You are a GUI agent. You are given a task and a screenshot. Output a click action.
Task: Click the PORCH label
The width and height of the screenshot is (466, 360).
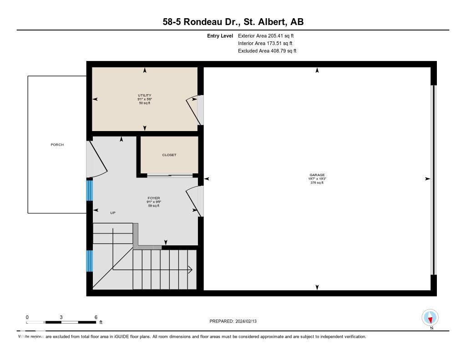click(57, 145)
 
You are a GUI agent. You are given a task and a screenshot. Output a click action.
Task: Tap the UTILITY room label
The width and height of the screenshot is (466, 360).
click(144, 95)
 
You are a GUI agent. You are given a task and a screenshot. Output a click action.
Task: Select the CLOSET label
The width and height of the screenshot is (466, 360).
click(169, 155)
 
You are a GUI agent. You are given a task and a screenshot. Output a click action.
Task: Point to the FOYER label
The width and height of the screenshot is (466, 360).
click(153, 198)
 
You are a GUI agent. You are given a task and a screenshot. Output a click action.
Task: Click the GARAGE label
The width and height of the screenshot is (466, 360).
click(317, 175)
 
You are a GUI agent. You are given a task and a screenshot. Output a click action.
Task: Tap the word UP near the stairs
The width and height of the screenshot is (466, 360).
click(113, 213)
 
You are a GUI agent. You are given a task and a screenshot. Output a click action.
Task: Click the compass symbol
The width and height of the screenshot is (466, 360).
click(430, 317)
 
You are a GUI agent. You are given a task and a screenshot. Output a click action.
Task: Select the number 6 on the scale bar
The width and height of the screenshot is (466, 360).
click(96, 317)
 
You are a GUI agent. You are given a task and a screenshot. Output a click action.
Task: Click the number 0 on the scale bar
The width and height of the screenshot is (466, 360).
click(27, 317)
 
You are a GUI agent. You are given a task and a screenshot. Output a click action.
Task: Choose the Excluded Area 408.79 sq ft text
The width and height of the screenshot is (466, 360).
click(267, 51)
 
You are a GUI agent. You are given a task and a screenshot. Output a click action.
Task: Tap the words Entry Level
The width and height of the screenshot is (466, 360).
click(220, 35)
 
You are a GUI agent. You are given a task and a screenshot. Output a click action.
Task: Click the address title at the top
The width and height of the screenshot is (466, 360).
click(233, 22)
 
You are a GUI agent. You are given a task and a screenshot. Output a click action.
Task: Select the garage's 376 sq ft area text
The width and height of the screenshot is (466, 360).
click(317, 183)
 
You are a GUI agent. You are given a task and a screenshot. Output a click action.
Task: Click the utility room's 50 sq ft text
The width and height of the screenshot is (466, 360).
click(144, 103)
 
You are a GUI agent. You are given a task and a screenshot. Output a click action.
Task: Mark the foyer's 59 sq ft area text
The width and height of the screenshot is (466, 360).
click(153, 206)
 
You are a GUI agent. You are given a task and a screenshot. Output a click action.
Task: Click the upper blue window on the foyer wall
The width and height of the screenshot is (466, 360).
click(90, 190)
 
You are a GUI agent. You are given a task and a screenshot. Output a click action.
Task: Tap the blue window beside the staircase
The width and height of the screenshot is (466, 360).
click(90, 261)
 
